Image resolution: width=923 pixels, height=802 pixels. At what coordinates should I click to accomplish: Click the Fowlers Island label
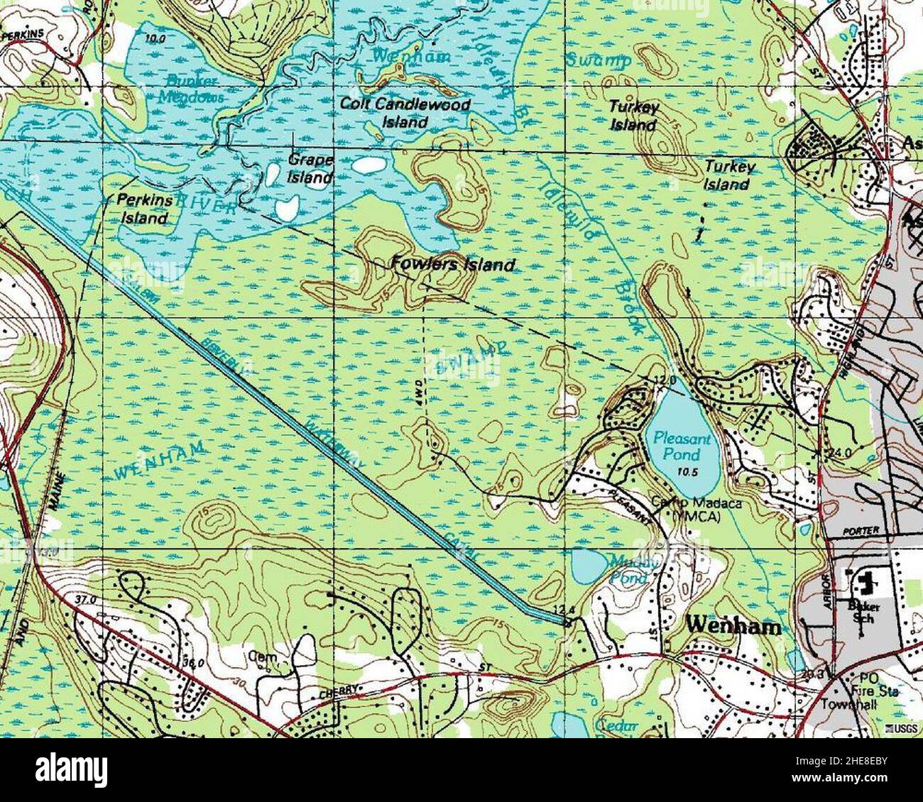[x=453, y=265]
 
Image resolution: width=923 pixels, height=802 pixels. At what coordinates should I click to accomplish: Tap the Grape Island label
[x=310, y=169]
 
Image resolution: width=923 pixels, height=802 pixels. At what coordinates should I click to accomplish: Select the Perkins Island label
[x=144, y=209]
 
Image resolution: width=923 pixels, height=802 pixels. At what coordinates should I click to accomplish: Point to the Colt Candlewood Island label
[x=405, y=113]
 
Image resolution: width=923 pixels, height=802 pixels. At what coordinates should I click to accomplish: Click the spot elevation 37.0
[x=84, y=600]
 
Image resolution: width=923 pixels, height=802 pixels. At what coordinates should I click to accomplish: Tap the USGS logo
[x=902, y=729]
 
